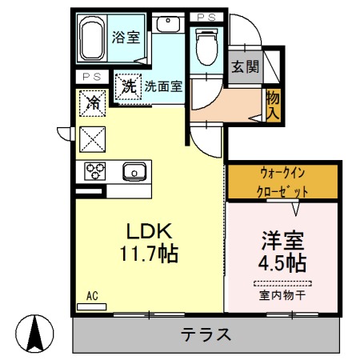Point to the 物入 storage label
point(272,105)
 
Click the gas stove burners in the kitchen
point(95,170)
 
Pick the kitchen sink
point(134,170)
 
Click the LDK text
point(148,230)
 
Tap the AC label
point(92,296)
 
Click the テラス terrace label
point(206,334)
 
